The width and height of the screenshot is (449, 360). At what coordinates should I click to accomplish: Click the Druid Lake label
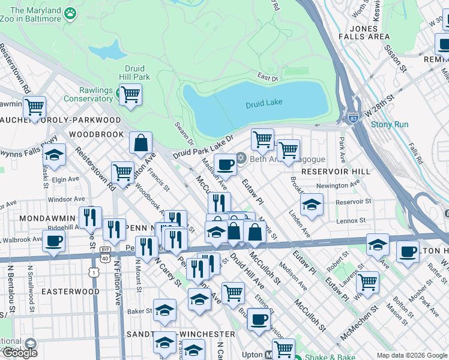(x=264, y=103)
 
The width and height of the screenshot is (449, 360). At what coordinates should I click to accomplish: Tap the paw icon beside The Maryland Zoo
(x=71, y=13)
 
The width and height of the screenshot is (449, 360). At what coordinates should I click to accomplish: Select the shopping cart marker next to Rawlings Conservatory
(x=130, y=94)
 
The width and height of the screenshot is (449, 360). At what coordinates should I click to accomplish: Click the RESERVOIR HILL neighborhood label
(x=333, y=172)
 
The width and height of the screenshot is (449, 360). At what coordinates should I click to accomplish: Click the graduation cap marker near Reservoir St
(x=311, y=205)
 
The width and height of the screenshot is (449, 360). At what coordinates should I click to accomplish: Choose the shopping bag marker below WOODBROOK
(x=140, y=143)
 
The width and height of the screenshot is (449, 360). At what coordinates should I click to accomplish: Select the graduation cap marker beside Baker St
(x=164, y=310)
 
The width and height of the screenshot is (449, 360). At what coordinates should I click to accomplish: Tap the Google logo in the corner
(x=20, y=352)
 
